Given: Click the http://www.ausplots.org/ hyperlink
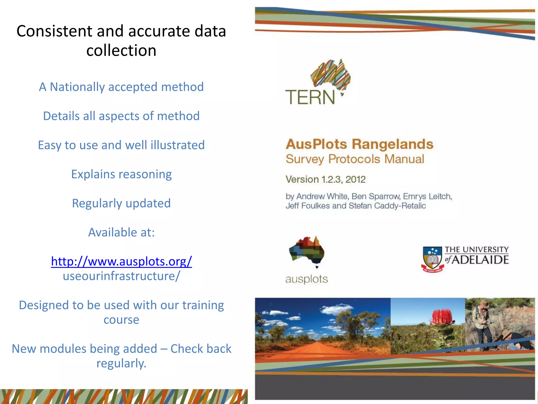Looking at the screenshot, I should (121, 261).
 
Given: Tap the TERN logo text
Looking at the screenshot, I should (310, 97).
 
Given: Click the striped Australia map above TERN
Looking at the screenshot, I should (331, 74).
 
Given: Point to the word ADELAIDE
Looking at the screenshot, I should (480, 260).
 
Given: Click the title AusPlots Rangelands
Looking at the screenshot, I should (359, 144).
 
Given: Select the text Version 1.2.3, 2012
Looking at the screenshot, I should (325, 179).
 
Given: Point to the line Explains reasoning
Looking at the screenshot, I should (121, 174).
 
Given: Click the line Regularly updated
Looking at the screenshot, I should (121, 203).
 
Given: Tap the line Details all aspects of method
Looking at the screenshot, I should (121, 116).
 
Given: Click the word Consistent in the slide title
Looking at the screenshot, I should (54, 31).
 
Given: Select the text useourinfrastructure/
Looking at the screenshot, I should (121, 276).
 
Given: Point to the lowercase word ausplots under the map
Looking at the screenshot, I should (307, 279).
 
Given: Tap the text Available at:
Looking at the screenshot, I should (121, 232).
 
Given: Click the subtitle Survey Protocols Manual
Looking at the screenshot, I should (355, 159).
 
